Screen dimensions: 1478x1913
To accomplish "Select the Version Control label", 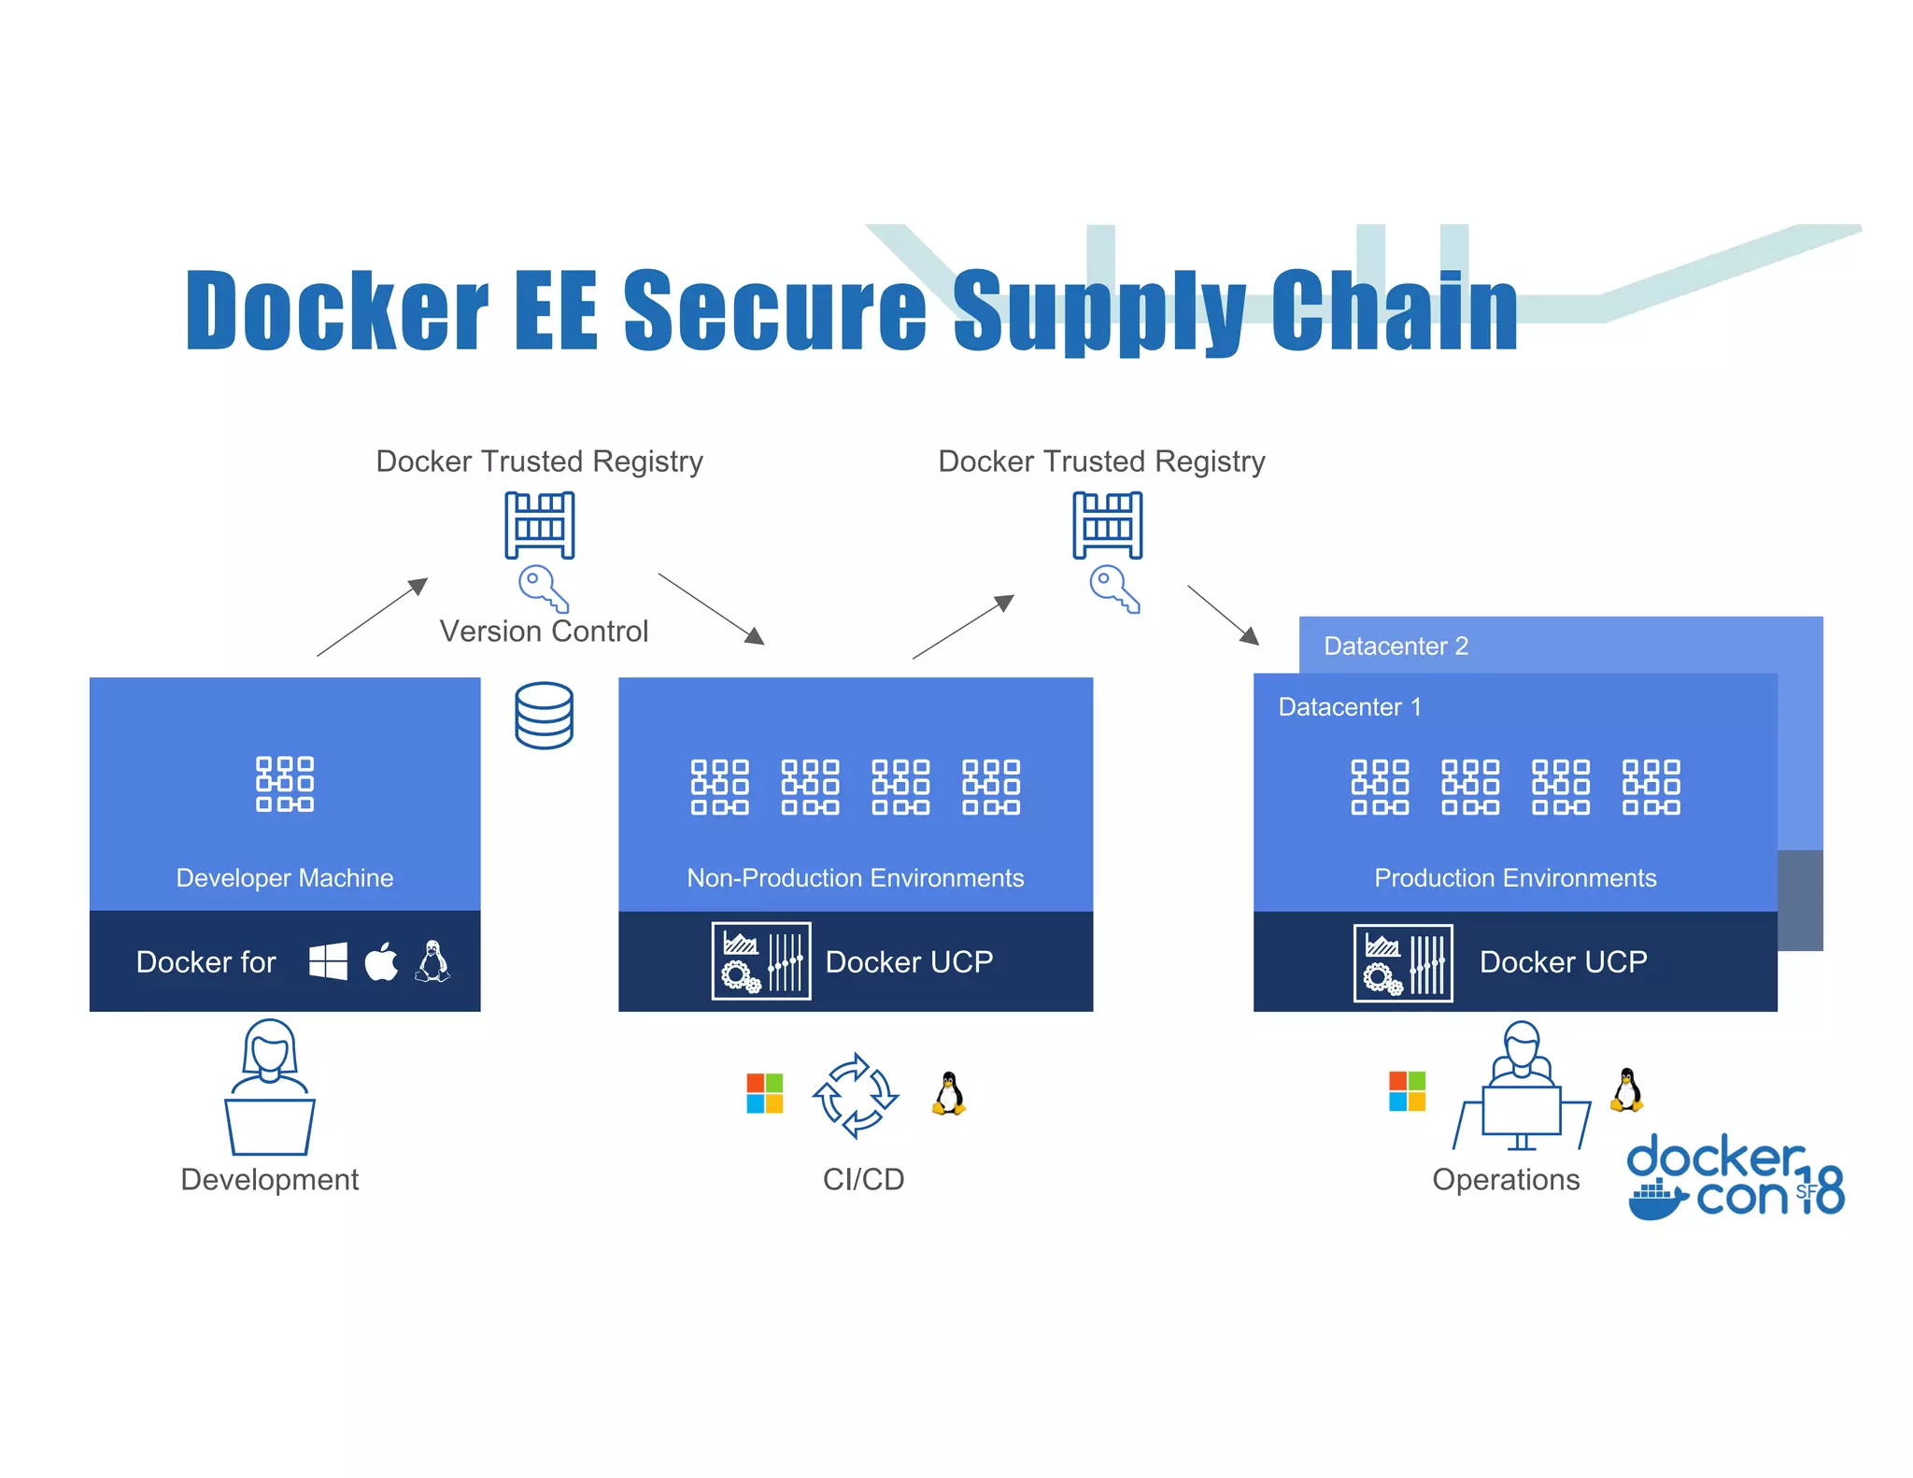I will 544,632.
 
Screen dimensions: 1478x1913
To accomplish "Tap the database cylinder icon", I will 544,716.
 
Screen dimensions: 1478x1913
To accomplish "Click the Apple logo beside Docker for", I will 381,961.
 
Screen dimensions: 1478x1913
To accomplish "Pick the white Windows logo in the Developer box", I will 328,961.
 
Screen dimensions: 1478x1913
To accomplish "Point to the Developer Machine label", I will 285,878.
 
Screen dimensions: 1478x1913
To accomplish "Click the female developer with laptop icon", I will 270,1088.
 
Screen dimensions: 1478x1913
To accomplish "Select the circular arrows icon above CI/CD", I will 856,1095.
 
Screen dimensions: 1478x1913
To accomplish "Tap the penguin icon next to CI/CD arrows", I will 949,1093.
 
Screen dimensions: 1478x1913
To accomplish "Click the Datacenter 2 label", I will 1396,647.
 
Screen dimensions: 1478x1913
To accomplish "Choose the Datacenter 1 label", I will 1350,707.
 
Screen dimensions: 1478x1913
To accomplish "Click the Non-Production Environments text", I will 855,878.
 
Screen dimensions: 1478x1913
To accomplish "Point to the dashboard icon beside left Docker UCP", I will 760,961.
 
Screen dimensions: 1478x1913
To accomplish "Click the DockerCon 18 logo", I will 1736,1177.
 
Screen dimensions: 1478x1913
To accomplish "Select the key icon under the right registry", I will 1114,590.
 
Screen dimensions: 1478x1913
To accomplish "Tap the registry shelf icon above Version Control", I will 540,525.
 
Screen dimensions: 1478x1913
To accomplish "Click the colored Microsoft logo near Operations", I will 1407,1091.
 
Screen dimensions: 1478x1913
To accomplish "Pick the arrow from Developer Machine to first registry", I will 373,617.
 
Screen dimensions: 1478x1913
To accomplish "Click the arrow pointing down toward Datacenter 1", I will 1223,615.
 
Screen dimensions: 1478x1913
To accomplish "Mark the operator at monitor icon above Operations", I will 1522,1088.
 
